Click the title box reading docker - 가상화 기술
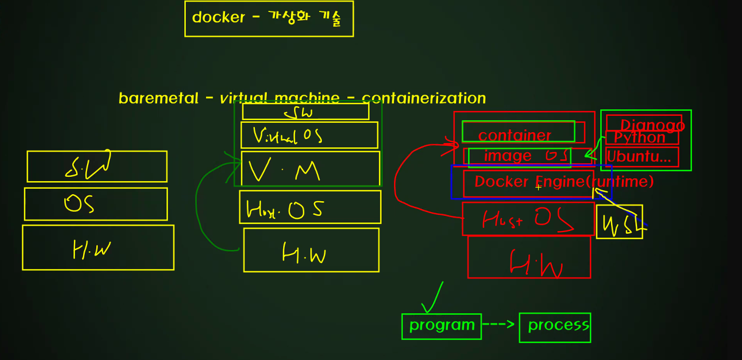[x=269, y=18]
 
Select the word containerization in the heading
[x=423, y=98]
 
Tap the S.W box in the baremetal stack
[x=97, y=166]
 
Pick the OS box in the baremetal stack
[x=96, y=204]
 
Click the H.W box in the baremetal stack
[x=98, y=247]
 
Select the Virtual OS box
[x=309, y=135]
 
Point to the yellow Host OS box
[x=310, y=207]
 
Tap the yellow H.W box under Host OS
[x=311, y=250]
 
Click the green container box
[x=518, y=132]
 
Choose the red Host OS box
[x=528, y=219]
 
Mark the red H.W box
[x=529, y=257]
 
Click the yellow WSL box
[x=619, y=222]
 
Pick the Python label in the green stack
[x=640, y=138]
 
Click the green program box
[x=441, y=326]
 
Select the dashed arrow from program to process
[x=499, y=325]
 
